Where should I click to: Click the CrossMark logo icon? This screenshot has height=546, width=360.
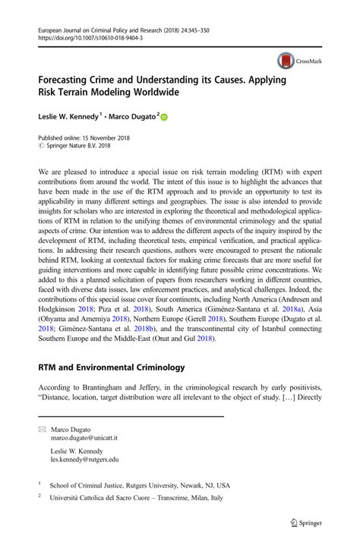click(286, 62)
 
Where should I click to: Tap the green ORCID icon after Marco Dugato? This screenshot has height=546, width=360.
click(163, 117)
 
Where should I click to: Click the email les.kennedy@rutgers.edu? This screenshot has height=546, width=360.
click(84, 459)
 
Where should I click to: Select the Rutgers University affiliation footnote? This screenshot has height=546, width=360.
click(139, 484)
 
